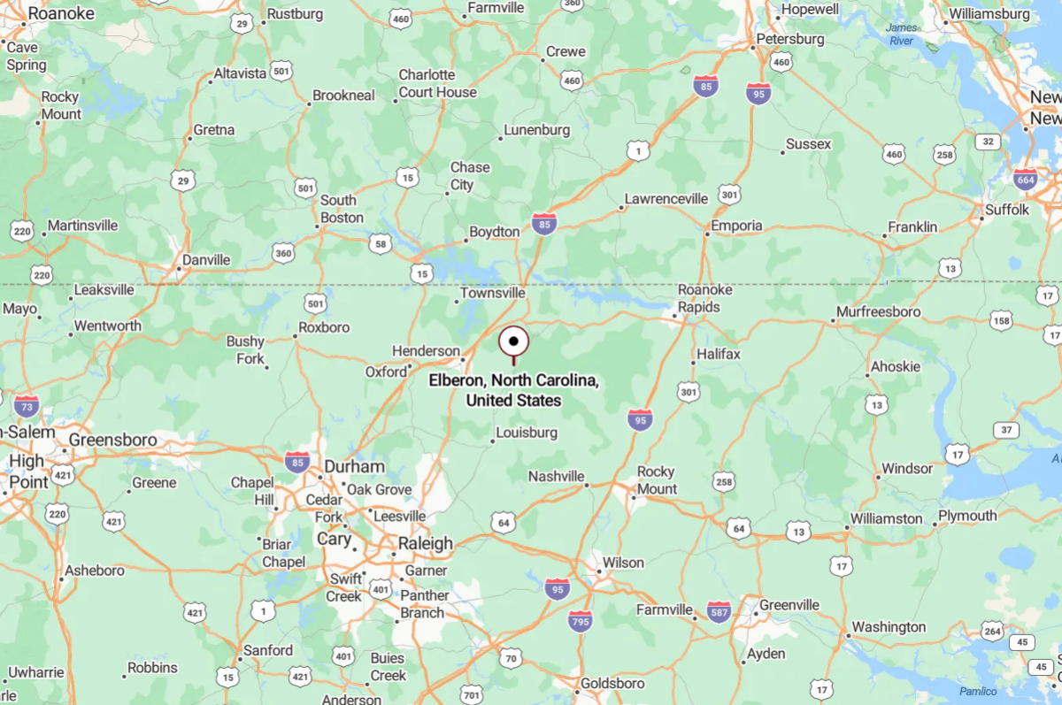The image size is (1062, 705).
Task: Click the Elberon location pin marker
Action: click(513, 341)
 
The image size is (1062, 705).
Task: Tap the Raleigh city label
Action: click(425, 543)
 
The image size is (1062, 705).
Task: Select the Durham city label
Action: click(354, 466)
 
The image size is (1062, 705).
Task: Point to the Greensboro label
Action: click(112, 440)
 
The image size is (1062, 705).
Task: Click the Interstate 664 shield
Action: click(1026, 179)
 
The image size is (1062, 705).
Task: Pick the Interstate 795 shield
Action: click(580, 621)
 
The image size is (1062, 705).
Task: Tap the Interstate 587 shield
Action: click(719, 611)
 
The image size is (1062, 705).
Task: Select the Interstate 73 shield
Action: click(27, 405)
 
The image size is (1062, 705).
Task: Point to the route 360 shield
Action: click(283, 253)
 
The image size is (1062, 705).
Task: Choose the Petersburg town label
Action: click(789, 39)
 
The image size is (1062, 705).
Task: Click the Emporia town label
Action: click(736, 226)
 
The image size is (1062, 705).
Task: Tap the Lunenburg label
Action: click(536, 130)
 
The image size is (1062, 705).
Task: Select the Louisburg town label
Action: click(527, 433)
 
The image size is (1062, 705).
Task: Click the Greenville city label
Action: click(789, 605)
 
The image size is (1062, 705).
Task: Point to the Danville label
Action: click(205, 260)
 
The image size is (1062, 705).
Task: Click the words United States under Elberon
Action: click(513, 401)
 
